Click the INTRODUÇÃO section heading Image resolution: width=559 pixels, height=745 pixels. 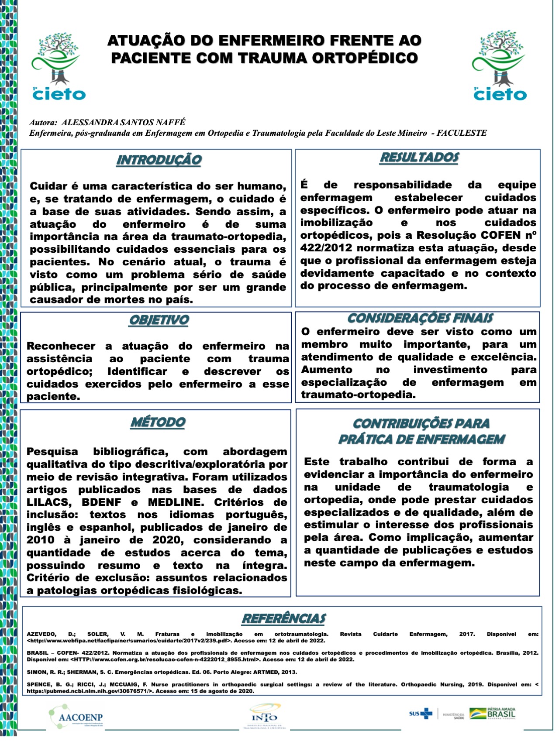point(159,160)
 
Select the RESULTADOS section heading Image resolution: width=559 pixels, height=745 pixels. point(419,158)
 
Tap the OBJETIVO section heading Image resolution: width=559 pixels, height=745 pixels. point(159,320)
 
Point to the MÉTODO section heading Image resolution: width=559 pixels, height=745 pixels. point(158,422)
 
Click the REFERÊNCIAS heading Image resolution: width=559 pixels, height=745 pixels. point(284,618)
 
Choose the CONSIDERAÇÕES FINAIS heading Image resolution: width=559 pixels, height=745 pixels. point(420,318)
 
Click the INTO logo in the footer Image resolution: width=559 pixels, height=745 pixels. point(265,716)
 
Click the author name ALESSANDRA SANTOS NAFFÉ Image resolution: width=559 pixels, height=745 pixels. point(124,123)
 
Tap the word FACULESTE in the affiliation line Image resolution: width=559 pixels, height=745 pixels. point(462,133)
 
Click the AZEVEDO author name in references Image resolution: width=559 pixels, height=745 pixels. point(41,634)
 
